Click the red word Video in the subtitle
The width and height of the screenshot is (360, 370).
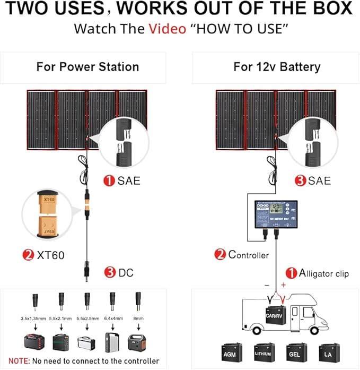167,28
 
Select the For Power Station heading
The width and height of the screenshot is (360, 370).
87,67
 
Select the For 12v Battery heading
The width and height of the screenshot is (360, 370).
277,67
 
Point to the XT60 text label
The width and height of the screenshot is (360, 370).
50,255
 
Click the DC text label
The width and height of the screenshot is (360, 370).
126,273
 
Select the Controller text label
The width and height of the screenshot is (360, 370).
248,255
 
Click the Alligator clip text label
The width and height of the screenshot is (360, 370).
324,273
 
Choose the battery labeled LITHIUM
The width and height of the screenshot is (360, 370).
264,352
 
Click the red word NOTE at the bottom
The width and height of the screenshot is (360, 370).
19,360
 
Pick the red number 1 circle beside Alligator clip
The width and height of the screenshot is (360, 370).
292,273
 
